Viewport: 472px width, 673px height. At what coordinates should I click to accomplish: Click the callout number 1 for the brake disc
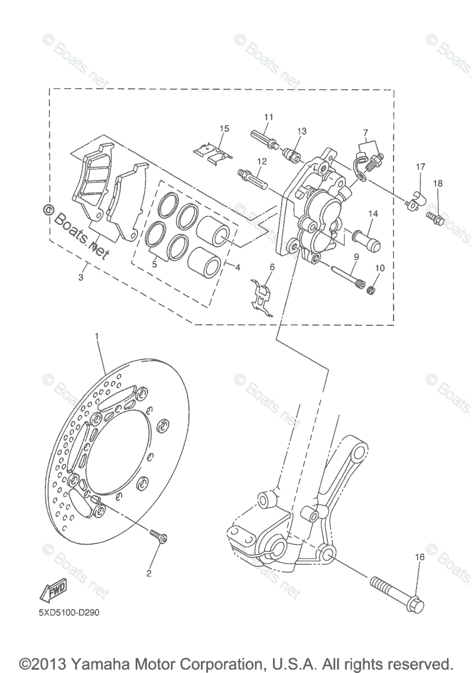pyautogui.click(x=96, y=336)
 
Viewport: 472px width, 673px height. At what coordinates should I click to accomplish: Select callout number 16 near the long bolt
pyautogui.click(x=419, y=557)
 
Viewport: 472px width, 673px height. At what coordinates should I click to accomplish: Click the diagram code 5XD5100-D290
pyautogui.click(x=66, y=613)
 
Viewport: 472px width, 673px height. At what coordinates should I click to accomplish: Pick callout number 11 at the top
pyautogui.click(x=269, y=117)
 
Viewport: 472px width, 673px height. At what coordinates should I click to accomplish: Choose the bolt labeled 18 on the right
pyautogui.click(x=436, y=218)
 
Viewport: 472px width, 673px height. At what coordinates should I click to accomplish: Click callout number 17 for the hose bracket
pyautogui.click(x=420, y=167)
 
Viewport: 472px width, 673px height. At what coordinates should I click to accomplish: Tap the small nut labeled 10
pyautogui.click(x=370, y=289)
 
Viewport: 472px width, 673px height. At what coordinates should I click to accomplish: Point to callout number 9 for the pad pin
pyautogui.click(x=355, y=257)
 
